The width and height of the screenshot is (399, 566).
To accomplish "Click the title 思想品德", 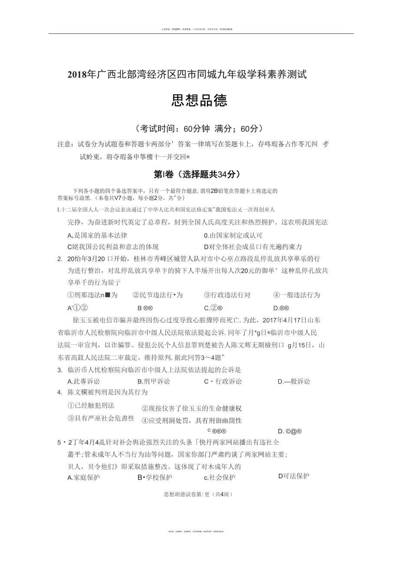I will point(199,101).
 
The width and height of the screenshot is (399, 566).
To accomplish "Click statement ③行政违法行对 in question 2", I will point(227,295).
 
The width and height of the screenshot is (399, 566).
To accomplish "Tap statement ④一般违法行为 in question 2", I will point(297,295).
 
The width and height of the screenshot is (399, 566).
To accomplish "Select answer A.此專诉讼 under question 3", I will point(84,381).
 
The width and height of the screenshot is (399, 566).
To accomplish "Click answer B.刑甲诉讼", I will point(154,381).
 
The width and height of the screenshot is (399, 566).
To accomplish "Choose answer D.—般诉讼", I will point(294,381).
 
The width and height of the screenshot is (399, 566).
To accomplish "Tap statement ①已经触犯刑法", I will point(91,405).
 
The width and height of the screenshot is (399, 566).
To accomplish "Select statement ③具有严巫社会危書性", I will point(101,418).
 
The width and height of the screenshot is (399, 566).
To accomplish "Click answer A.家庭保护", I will point(84,477).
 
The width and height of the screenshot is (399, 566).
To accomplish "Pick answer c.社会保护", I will point(219,477).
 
